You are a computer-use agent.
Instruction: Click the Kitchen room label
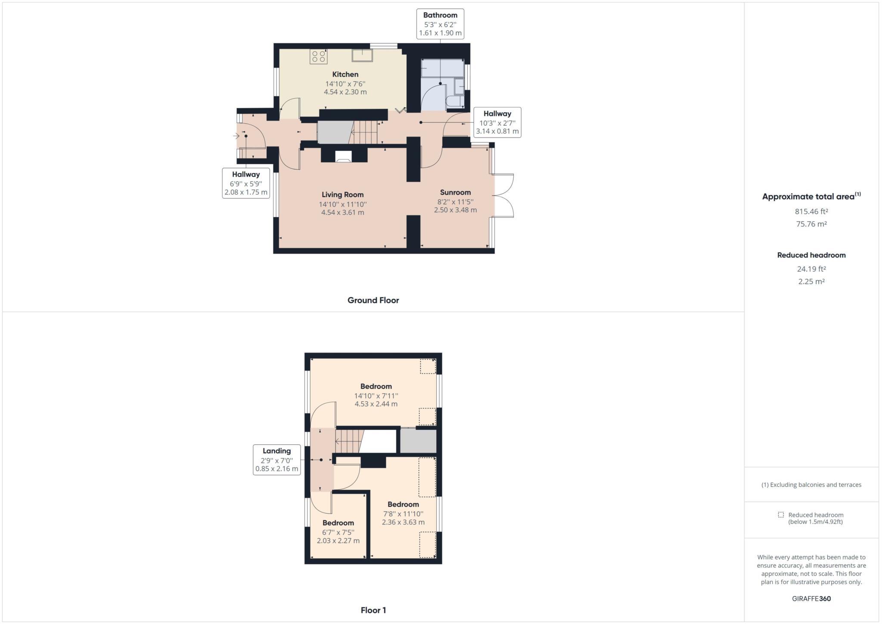(x=345, y=75)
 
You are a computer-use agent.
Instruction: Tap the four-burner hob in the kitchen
(x=319, y=57)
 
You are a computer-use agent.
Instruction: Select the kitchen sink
(x=362, y=56)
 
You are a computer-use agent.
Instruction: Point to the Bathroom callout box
(x=440, y=24)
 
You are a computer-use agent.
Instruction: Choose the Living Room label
(x=343, y=195)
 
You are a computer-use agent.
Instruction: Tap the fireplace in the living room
(x=344, y=156)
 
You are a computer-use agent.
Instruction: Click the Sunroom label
(x=455, y=192)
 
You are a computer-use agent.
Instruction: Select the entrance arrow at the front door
(x=236, y=136)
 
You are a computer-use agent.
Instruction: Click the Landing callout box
(x=277, y=460)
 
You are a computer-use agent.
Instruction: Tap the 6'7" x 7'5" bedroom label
(x=338, y=532)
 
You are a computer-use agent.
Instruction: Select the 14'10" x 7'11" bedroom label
(x=376, y=395)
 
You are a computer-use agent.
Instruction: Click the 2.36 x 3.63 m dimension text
(x=403, y=522)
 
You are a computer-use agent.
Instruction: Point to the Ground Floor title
(x=373, y=301)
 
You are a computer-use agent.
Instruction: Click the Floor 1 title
(x=373, y=610)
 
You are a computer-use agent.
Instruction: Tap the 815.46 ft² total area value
(x=811, y=211)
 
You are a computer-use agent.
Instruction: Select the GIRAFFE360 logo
(x=811, y=599)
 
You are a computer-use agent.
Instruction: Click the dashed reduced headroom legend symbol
(x=781, y=515)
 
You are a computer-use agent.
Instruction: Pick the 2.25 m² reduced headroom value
(x=811, y=282)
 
